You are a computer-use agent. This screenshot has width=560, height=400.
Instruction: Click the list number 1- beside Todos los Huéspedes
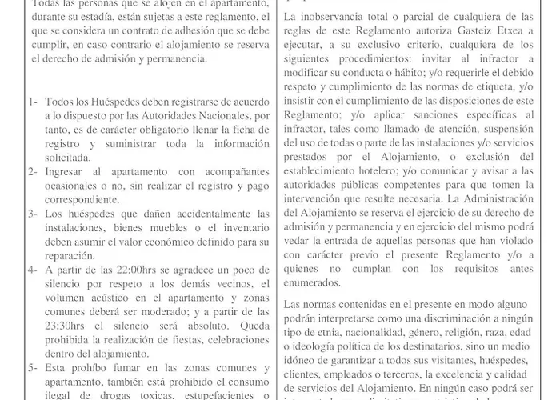(32, 105)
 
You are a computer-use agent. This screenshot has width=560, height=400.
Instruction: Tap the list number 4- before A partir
(32, 270)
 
